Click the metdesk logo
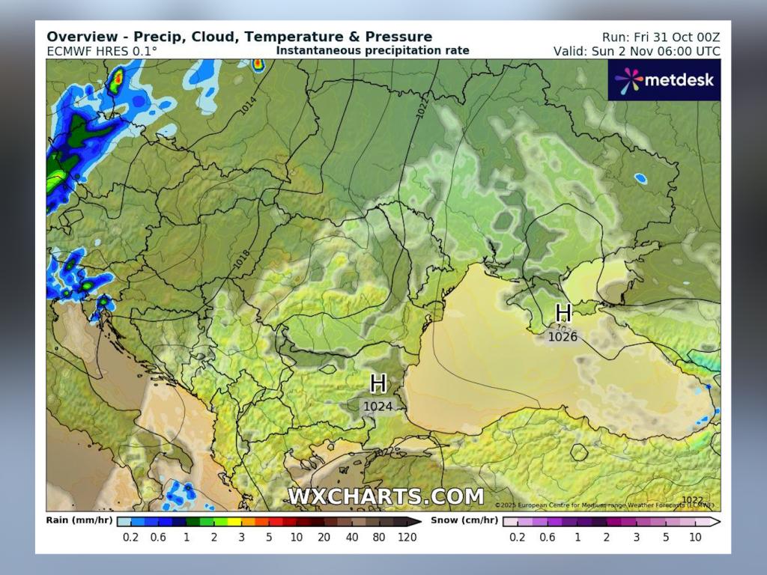click(664, 79)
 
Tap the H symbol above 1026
click(563, 313)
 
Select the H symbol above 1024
click(378, 384)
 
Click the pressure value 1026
click(563, 337)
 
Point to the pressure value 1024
click(378, 407)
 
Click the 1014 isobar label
click(248, 106)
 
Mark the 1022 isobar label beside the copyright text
click(693, 500)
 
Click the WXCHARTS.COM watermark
click(386, 496)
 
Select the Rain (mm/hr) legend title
click(79, 520)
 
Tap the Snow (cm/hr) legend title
click(464, 520)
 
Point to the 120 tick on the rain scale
click(406, 537)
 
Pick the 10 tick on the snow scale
click(695, 537)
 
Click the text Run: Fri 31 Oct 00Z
click(661, 37)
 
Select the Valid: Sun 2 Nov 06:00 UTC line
click(637, 51)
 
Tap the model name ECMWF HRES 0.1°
click(102, 51)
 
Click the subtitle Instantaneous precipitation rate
click(372, 51)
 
